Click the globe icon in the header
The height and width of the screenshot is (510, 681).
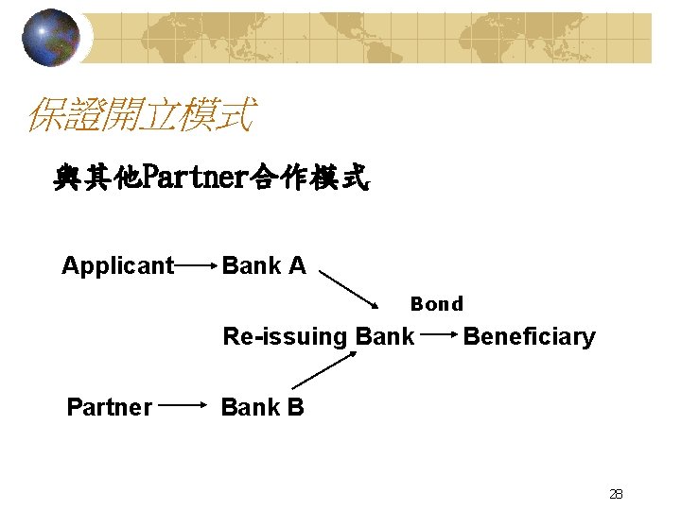click(51, 37)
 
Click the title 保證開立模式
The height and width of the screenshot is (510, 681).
click(139, 116)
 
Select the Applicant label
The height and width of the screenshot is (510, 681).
click(118, 266)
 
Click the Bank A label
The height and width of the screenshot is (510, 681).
click(264, 266)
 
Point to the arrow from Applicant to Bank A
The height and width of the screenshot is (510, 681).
click(197, 267)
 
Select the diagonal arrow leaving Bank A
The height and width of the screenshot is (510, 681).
click(354, 290)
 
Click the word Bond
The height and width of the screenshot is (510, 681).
click(436, 304)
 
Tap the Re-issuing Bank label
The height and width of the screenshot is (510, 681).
click(318, 336)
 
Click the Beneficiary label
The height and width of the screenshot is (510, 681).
click(529, 336)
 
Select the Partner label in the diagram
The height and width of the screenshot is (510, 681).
click(109, 407)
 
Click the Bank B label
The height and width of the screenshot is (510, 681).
click(262, 407)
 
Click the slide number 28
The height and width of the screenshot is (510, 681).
click(616, 493)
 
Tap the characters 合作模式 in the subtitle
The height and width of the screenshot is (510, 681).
click(309, 177)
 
